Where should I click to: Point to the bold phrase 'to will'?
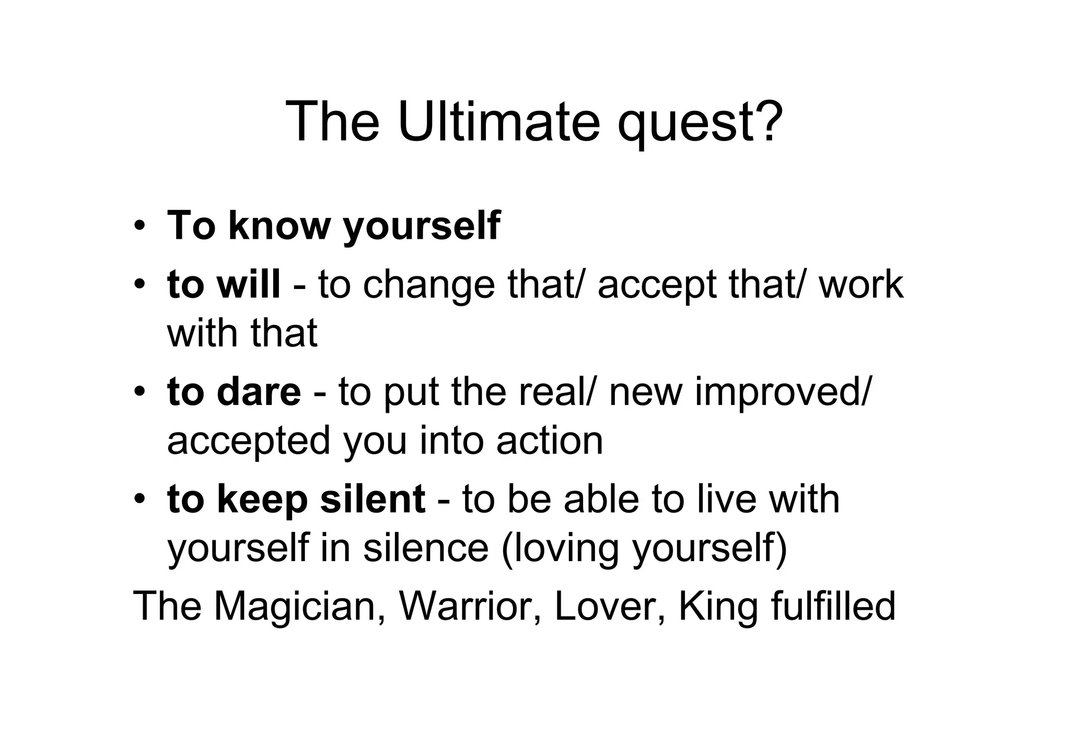tap(224, 284)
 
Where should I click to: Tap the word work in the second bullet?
tap(861, 284)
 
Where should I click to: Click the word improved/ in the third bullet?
tap(782, 393)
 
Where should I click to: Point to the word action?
tap(550, 440)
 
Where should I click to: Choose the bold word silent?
tap(373, 499)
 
